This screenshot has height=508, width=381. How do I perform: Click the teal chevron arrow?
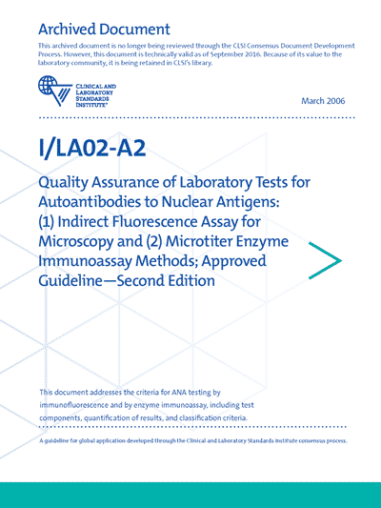325,254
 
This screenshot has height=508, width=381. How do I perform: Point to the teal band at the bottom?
190,494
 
